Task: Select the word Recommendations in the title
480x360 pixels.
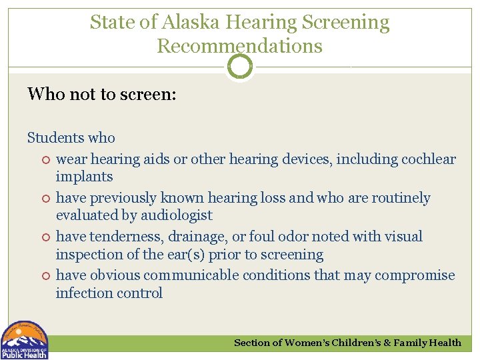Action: click(239, 46)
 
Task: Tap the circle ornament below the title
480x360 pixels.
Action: click(240, 67)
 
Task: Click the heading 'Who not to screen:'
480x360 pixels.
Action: click(101, 94)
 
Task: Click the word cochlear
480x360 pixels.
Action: click(429, 159)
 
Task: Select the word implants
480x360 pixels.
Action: click(84, 177)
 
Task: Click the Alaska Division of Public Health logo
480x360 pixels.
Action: click(24, 340)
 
